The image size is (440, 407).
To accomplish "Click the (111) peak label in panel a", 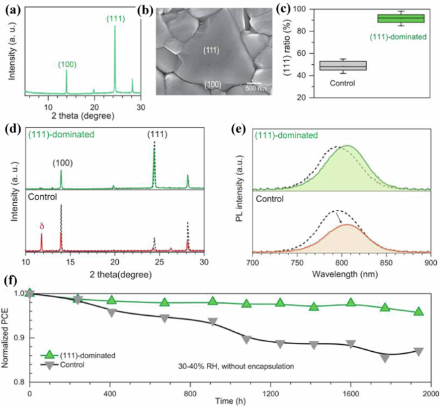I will [115, 19].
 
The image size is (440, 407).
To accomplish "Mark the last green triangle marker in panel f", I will [418, 312].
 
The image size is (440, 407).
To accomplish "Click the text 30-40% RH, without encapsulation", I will [236, 367].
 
